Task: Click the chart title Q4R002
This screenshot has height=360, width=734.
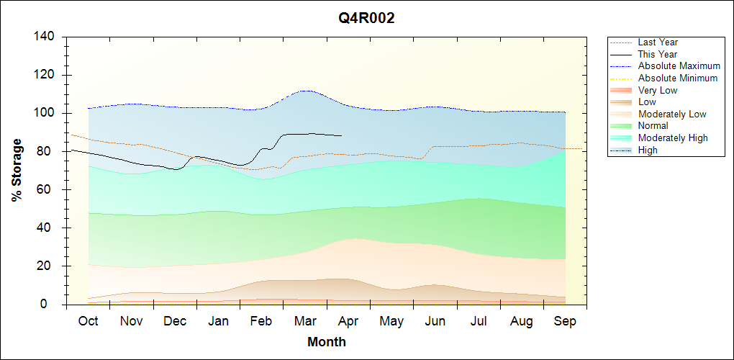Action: (x=366, y=19)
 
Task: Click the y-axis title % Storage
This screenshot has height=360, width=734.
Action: (x=17, y=170)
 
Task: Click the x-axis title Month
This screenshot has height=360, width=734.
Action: (x=327, y=342)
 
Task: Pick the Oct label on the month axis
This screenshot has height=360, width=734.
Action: (x=88, y=321)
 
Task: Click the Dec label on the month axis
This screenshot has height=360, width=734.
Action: (x=175, y=321)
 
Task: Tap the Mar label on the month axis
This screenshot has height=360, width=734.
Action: (x=305, y=321)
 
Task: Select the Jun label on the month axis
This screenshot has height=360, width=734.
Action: (x=435, y=321)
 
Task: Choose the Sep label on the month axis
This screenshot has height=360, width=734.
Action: (x=565, y=321)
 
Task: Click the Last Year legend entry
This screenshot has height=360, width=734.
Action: (x=658, y=42)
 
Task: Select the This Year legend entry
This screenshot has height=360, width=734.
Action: (x=658, y=54)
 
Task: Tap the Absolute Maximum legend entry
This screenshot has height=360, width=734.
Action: (x=679, y=66)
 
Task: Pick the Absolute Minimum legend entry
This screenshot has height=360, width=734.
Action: (x=678, y=78)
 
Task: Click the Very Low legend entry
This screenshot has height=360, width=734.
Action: (x=658, y=90)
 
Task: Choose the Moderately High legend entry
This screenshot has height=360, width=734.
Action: (x=673, y=138)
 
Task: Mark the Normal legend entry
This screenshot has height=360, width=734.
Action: (x=653, y=126)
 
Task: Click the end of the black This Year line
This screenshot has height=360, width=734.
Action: (x=342, y=135)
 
